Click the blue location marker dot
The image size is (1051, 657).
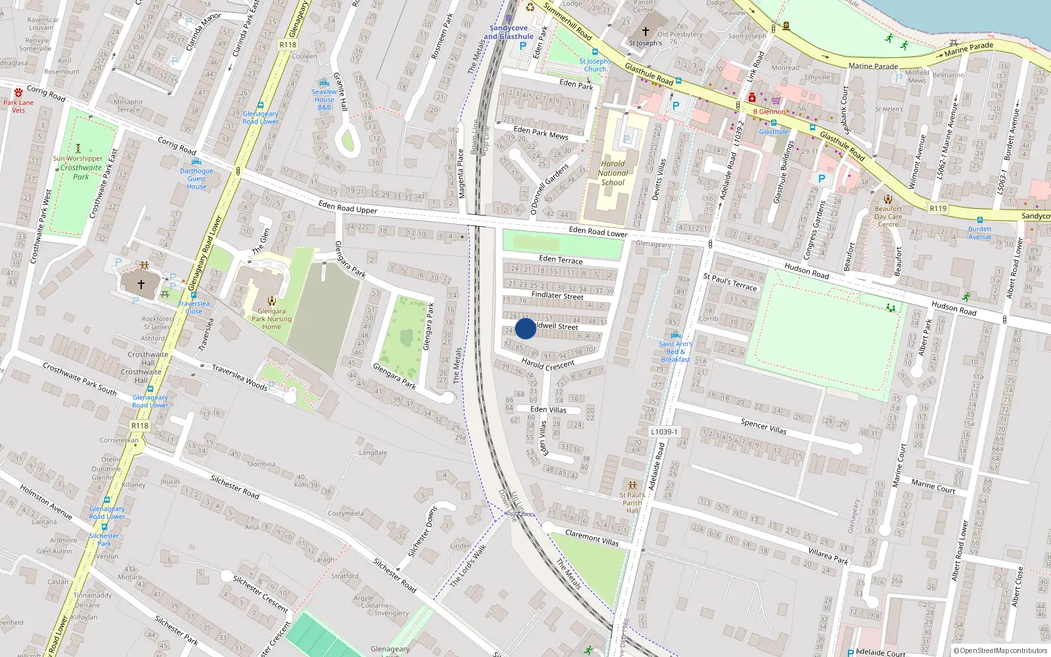coord(525,328)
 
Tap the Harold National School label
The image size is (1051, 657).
coord(613,173)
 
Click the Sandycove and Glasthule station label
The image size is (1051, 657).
coord(508,32)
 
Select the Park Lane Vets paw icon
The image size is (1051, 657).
coord(18,92)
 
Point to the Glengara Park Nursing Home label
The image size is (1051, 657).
coord(271,319)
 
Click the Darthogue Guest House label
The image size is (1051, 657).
coord(196,179)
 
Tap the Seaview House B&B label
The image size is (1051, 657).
coord(324,99)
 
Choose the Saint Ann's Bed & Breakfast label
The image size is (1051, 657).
coord(675,351)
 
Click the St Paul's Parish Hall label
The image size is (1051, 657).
coord(632,503)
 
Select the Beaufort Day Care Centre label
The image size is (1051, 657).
coord(888,216)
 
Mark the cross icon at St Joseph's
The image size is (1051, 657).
coord(645,31)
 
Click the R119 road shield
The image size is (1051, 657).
coord(938,208)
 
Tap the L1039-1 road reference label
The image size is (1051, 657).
coord(664,432)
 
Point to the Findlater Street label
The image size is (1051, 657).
coord(557,296)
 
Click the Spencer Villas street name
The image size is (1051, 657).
coord(763,426)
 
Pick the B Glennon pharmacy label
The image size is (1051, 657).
coord(769,112)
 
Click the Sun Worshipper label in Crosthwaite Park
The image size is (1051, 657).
coord(78,158)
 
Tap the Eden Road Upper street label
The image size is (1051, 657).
coord(347,208)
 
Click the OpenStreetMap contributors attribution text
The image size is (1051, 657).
coord(1000,650)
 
